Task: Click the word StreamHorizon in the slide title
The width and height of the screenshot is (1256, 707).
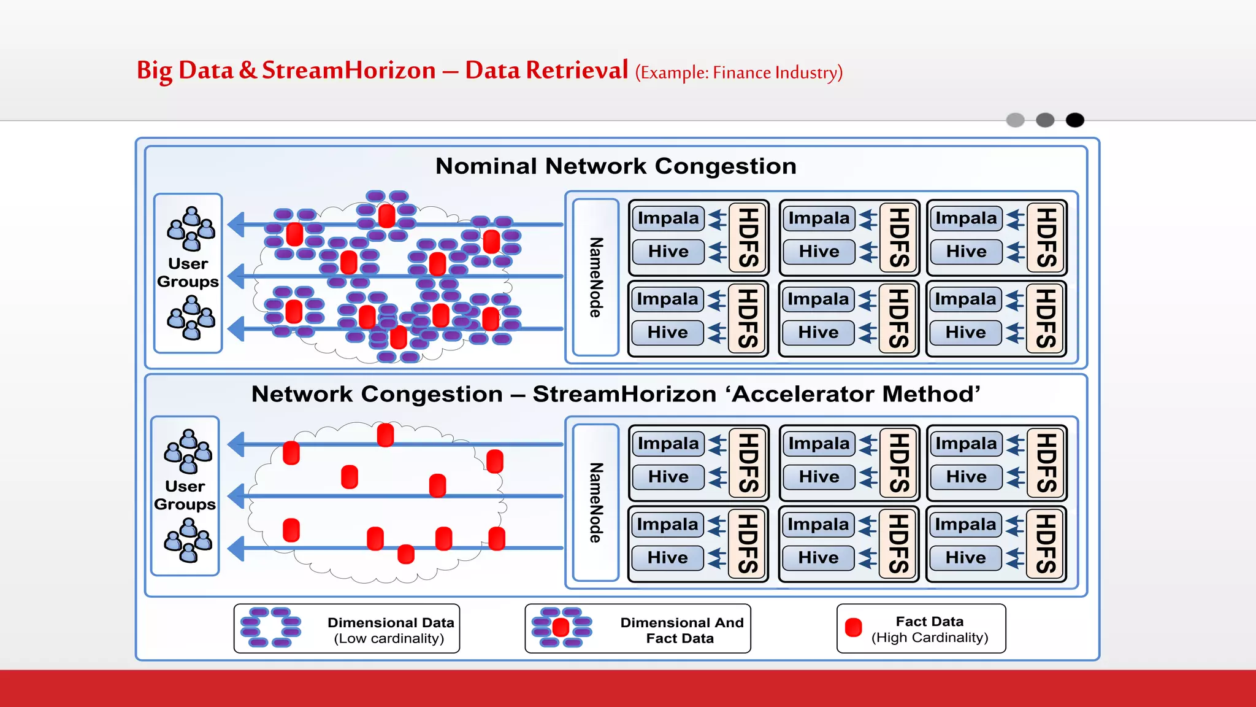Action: [x=348, y=71]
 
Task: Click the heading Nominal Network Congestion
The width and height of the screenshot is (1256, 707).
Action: [x=616, y=166]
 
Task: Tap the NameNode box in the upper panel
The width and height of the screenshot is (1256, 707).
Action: [x=595, y=277]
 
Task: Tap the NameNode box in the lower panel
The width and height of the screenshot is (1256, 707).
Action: [x=595, y=503]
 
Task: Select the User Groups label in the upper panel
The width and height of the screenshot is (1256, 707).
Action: [x=188, y=272]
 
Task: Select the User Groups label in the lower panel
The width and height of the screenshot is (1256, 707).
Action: [x=185, y=495]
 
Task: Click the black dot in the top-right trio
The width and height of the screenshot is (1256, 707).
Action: [x=1074, y=120]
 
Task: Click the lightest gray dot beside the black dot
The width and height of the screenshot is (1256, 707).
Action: [x=1016, y=120]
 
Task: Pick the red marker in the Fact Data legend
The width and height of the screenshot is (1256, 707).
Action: [x=853, y=627]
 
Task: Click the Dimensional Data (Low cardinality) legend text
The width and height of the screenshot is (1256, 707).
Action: [x=390, y=630]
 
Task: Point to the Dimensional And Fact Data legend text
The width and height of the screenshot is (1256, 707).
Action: [x=681, y=630]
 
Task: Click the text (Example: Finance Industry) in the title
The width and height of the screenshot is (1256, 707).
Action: [x=738, y=73]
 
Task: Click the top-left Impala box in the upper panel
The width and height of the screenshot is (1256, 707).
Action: [x=668, y=218]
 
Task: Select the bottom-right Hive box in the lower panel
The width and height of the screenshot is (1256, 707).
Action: [x=965, y=557]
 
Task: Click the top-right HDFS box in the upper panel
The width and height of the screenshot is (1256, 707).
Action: [x=1046, y=238]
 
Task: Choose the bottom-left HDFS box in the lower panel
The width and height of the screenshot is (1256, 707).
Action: [x=747, y=544]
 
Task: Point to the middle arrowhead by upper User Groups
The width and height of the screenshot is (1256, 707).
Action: [x=236, y=276]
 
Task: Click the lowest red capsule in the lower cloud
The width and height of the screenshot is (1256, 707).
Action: [x=405, y=554]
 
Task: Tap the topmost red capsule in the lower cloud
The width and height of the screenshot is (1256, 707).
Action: [x=385, y=435]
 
